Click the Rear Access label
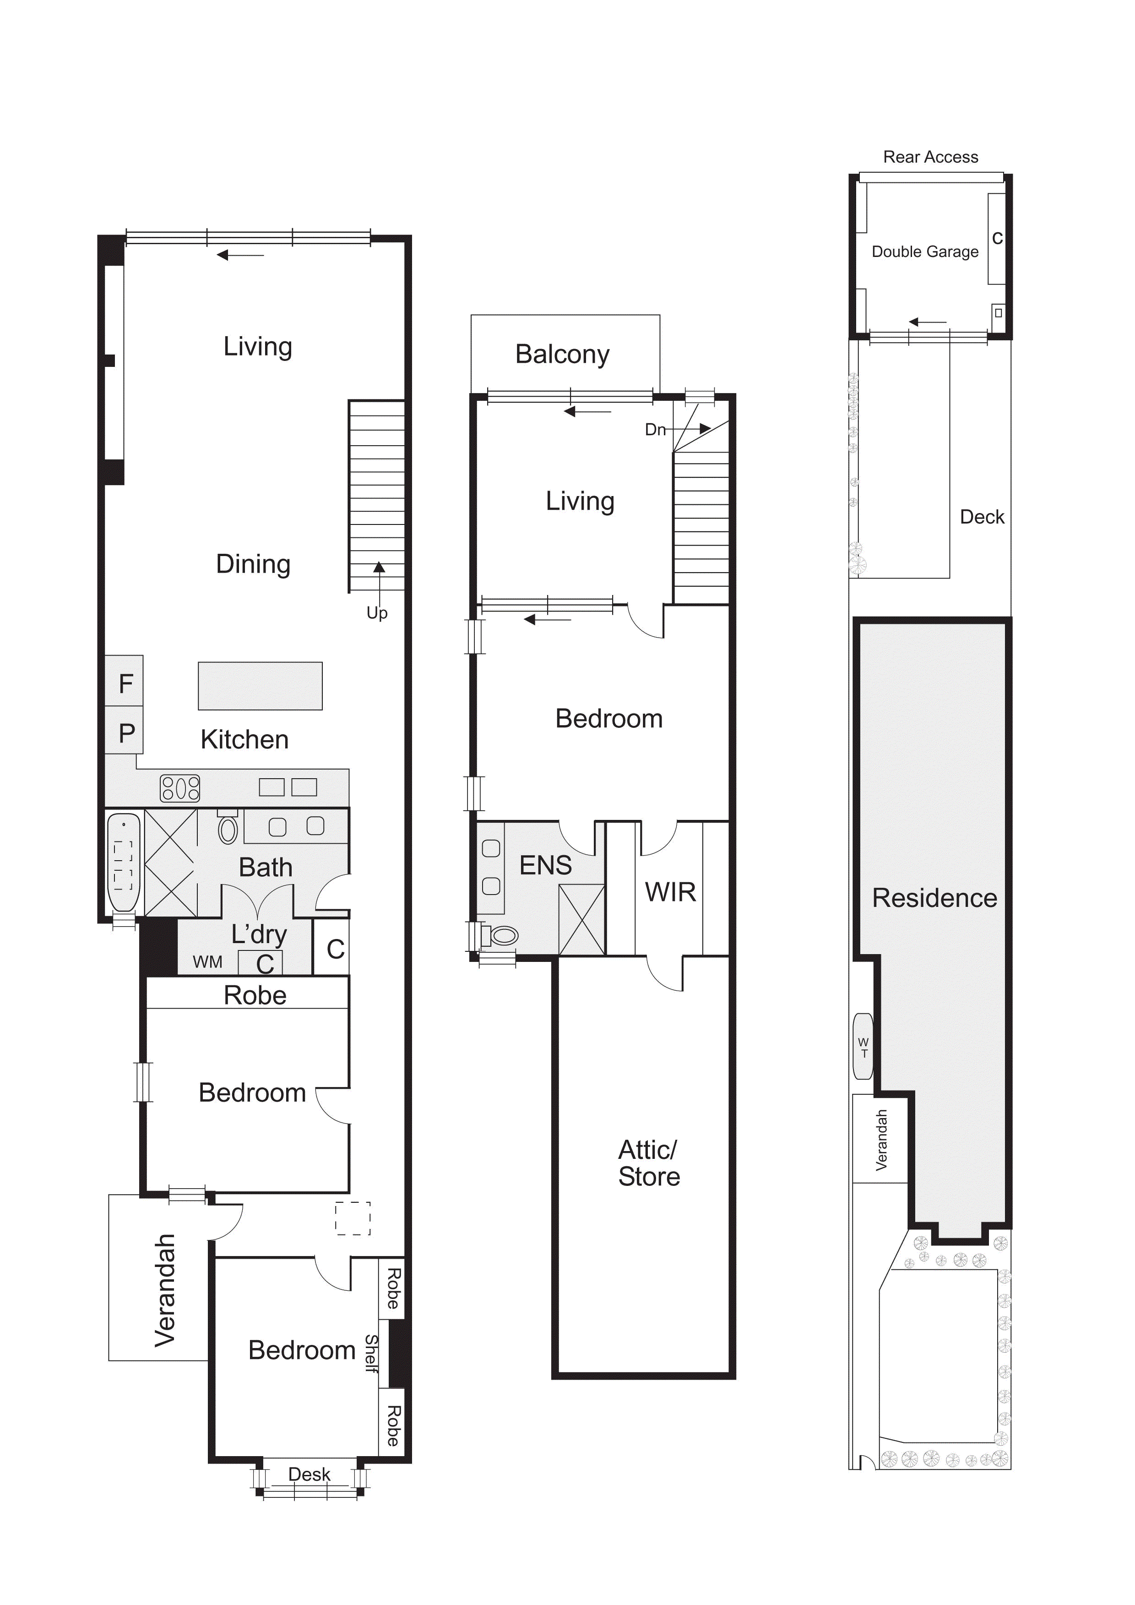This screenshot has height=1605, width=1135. tap(930, 157)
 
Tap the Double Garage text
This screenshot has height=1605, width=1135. tap(925, 251)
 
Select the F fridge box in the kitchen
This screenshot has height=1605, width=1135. tap(125, 681)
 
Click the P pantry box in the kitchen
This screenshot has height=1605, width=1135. tap(125, 731)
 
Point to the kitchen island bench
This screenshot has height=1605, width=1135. tap(260, 686)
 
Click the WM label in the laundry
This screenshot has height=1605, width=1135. tap(207, 962)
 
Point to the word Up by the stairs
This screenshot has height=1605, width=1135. tap(377, 613)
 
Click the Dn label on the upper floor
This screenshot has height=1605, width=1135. tap(655, 429)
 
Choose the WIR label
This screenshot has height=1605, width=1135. tap(670, 892)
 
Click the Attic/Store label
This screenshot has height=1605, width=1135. tap(649, 1163)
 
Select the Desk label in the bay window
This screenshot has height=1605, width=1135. tap(309, 1474)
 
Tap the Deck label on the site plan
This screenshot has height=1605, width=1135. tap(982, 517)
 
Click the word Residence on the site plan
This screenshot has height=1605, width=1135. tap(934, 898)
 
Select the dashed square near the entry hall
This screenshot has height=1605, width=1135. tap(353, 1218)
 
